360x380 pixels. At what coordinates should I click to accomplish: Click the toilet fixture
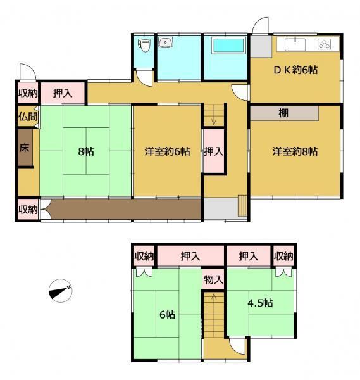click(x=144, y=46)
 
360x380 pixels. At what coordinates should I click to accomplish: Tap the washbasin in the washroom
click(x=166, y=42)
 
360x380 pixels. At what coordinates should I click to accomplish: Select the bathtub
click(x=228, y=46)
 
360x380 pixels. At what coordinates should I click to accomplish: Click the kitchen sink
click(x=295, y=44)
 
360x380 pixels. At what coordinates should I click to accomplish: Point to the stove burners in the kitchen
click(x=324, y=44)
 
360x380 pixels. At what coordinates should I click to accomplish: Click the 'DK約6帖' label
click(x=295, y=70)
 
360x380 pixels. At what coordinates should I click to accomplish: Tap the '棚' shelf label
click(x=283, y=113)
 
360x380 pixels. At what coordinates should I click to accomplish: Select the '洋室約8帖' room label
click(x=295, y=151)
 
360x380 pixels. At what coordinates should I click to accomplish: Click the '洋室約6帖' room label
click(x=167, y=151)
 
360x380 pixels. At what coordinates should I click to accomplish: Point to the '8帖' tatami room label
click(x=86, y=152)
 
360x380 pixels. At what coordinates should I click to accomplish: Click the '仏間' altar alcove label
click(x=28, y=117)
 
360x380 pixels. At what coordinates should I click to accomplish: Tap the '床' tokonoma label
click(x=24, y=148)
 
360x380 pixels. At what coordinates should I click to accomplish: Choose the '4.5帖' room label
click(x=260, y=303)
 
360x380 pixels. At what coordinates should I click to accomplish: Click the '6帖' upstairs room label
click(x=167, y=315)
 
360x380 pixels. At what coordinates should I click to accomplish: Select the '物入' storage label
click(x=213, y=280)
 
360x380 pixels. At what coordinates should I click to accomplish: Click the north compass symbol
click(x=61, y=291)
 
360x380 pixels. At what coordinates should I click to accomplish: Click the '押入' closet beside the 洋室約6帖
click(x=213, y=151)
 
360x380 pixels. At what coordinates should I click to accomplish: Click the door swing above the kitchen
click(x=261, y=25)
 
